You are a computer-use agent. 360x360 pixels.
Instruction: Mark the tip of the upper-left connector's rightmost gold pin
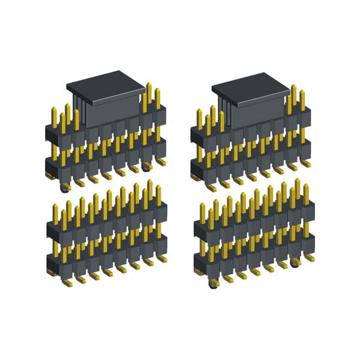(158, 91)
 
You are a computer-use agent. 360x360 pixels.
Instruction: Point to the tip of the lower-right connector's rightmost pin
(305, 187)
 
